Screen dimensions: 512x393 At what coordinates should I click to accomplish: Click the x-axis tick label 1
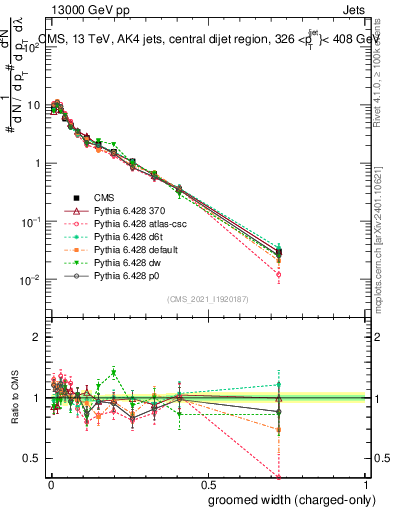[367, 482]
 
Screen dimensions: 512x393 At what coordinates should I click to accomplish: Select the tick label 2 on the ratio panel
[36, 337]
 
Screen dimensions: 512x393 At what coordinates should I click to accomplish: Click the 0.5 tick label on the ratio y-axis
[31, 458]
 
